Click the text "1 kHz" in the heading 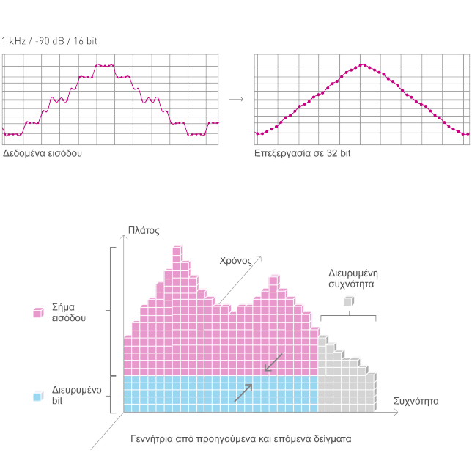coord(13,41)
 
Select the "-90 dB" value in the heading coord(50,41)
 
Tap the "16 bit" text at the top coord(85,41)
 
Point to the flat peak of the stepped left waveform coord(105,65)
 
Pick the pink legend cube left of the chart coord(38,312)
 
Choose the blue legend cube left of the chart coord(38,396)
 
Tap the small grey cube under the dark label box coord(349,300)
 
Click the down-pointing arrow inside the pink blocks coord(272,363)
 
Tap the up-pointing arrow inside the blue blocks coord(243,393)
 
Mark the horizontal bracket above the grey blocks coord(349,316)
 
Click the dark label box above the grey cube coord(353,279)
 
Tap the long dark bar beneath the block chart coord(241,440)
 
